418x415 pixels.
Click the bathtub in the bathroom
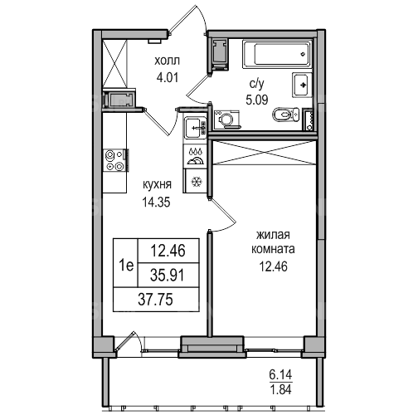[x=277, y=54]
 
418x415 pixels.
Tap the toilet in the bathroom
[x=286, y=115]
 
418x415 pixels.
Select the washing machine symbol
[x=227, y=120]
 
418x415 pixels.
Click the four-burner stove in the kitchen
[x=116, y=160]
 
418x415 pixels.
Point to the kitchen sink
[x=196, y=128]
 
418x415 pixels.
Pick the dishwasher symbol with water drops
[x=196, y=156]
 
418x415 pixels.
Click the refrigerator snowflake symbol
[x=197, y=182]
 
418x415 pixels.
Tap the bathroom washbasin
[x=302, y=85]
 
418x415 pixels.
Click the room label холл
[x=167, y=61]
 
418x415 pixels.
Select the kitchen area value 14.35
[x=156, y=203]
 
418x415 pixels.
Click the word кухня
[x=157, y=184]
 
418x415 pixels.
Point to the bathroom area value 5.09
[x=257, y=100]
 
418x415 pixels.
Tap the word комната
[x=273, y=249]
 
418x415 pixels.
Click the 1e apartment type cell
[x=126, y=266]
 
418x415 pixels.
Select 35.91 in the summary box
[x=167, y=276]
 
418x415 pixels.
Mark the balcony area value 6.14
[x=280, y=375]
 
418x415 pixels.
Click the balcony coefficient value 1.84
[x=280, y=389]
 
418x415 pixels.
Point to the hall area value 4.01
[x=168, y=78]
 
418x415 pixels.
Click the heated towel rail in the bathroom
[x=309, y=120]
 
